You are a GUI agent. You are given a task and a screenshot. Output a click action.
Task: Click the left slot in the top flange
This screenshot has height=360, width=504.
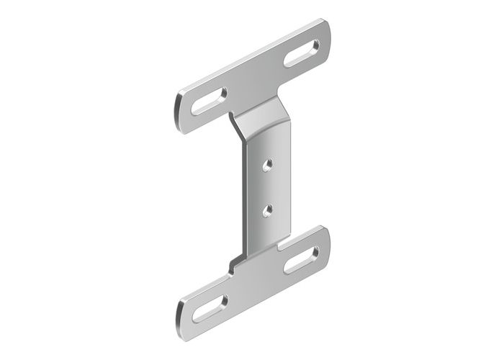[209, 102]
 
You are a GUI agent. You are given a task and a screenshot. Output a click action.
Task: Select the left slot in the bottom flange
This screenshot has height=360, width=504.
[209, 307]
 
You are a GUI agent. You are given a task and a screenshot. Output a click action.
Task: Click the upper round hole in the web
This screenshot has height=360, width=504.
[267, 164]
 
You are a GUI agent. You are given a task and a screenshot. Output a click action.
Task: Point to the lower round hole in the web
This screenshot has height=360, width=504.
[267, 210]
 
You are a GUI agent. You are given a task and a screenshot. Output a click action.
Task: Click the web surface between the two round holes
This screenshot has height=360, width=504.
[267, 187]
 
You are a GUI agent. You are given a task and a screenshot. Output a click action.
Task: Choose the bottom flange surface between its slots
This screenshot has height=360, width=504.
[256, 284]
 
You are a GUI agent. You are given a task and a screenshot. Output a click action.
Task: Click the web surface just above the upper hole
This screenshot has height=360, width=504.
[267, 148]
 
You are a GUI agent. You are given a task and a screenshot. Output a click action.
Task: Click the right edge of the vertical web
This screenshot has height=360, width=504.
[288, 180]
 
